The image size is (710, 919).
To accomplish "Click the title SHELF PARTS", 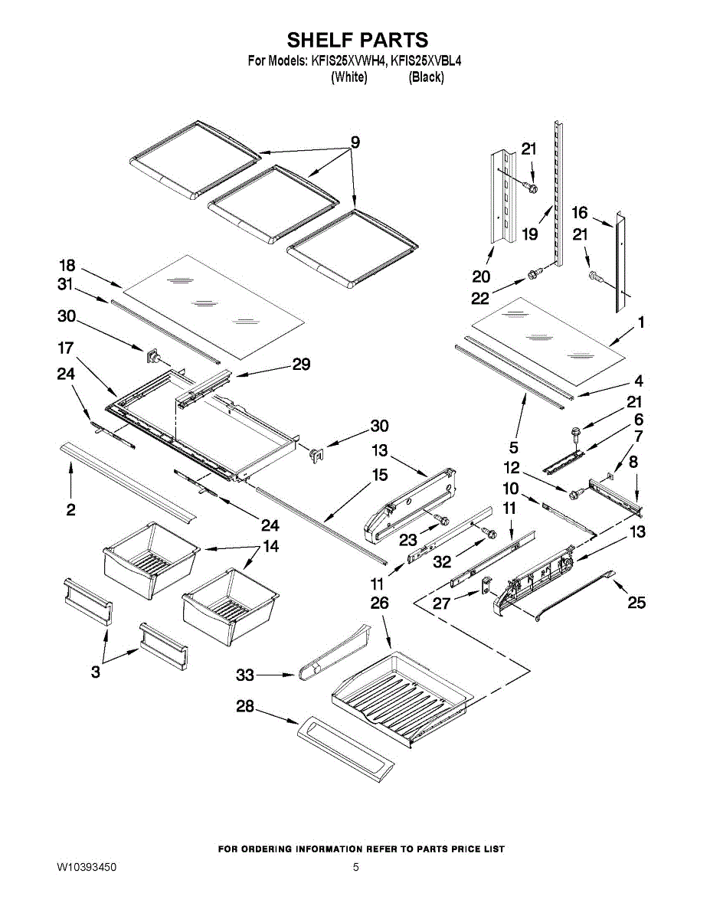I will [x=357, y=40].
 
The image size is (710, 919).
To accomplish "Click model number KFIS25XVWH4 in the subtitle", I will [x=348, y=61].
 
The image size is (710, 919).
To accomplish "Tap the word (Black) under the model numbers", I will [x=426, y=77].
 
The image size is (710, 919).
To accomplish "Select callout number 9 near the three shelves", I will [x=355, y=142].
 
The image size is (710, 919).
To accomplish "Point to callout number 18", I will [x=67, y=266].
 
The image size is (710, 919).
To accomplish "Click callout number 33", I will [x=244, y=675].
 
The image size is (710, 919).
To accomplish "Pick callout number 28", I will [x=244, y=707].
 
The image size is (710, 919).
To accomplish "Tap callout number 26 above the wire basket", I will [x=379, y=603].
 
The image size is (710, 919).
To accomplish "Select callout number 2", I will [x=70, y=509].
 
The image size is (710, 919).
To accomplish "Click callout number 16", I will [x=579, y=212].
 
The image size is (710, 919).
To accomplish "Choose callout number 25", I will [x=636, y=603].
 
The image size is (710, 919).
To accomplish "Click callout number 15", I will [x=379, y=476].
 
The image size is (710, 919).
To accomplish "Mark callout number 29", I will [x=301, y=365].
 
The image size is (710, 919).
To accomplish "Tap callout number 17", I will [x=65, y=348].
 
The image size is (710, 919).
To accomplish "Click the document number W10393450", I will [x=87, y=868].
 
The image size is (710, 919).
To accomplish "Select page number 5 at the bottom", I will [x=355, y=868].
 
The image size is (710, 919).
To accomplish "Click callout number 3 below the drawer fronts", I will [x=95, y=672].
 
